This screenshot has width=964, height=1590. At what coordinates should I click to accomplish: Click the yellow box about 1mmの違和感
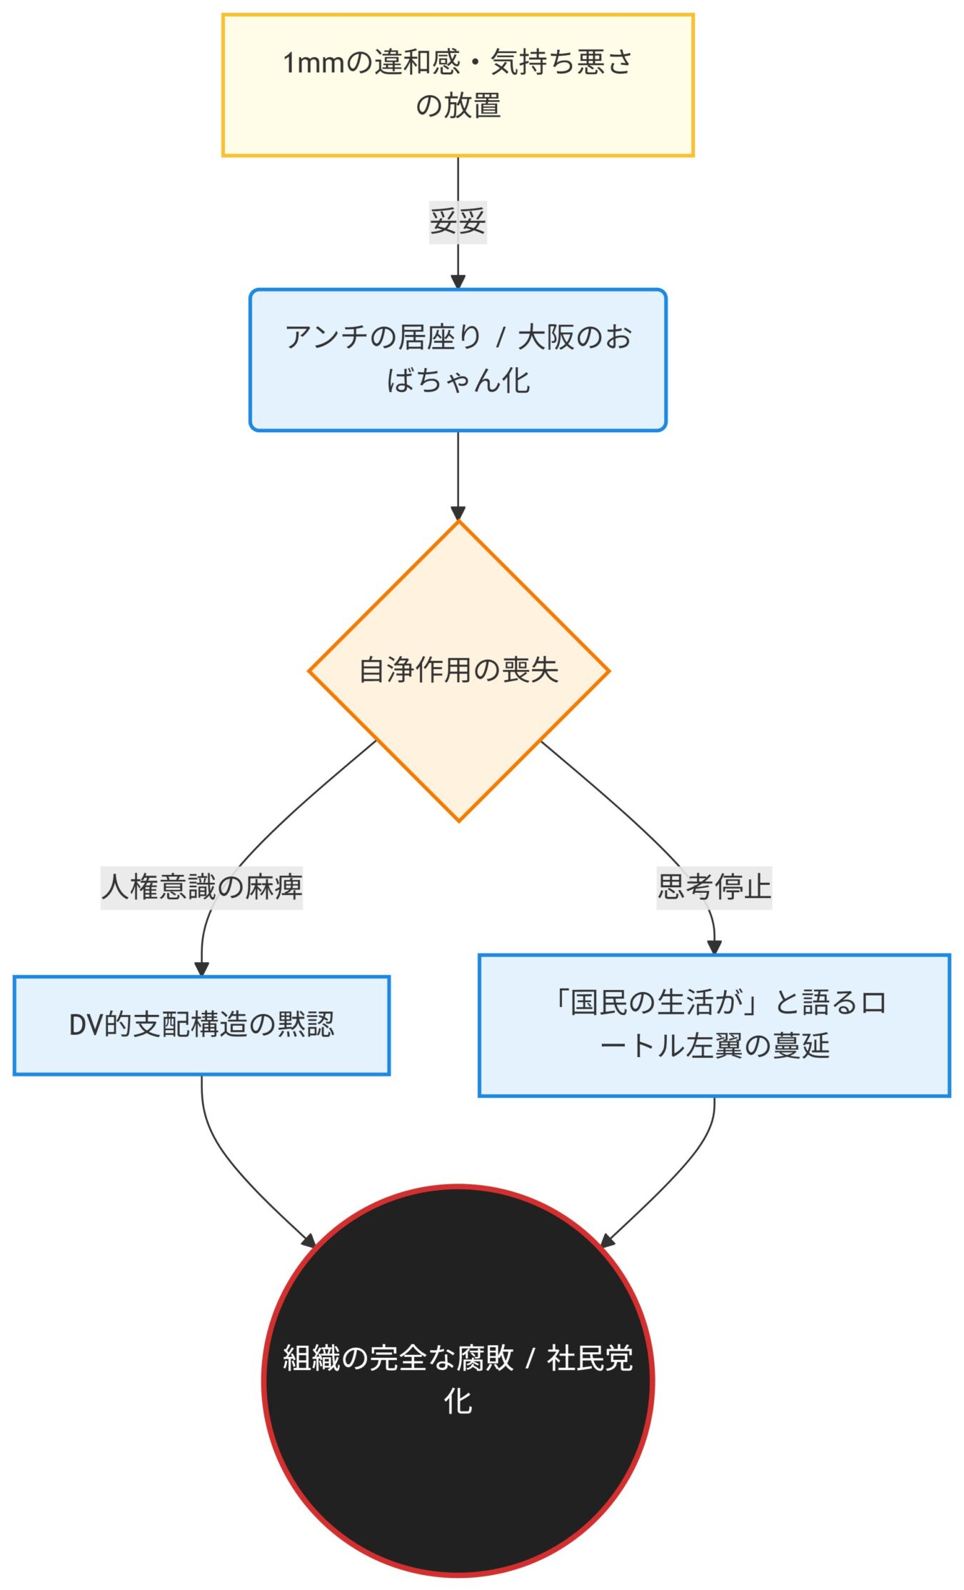[x=458, y=85]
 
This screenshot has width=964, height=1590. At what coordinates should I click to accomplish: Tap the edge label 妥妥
[x=458, y=221]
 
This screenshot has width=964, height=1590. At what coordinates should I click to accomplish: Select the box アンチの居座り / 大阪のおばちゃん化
[x=458, y=360]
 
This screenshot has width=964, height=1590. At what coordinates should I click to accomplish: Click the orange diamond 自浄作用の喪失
[x=458, y=671]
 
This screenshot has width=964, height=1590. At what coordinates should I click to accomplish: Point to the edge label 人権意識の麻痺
[x=201, y=887]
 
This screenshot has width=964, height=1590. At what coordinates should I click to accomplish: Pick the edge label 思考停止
[x=714, y=887]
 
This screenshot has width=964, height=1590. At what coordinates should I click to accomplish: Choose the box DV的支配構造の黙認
[x=201, y=1025]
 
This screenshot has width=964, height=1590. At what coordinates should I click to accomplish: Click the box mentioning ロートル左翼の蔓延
[x=714, y=1025]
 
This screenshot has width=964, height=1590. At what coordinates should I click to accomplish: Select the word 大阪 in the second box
[x=546, y=338]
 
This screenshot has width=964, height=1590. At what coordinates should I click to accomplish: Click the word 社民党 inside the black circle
[x=590, y=1359]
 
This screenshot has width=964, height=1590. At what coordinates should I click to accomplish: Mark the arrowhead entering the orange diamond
[x=458, y=514]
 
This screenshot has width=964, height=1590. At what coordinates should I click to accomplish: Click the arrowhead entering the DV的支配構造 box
[x=201, y=969]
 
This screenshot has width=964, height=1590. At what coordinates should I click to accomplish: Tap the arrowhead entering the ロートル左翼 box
[x=714, y=947]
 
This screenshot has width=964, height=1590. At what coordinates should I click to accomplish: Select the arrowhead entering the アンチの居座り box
[x=458, y=281]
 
